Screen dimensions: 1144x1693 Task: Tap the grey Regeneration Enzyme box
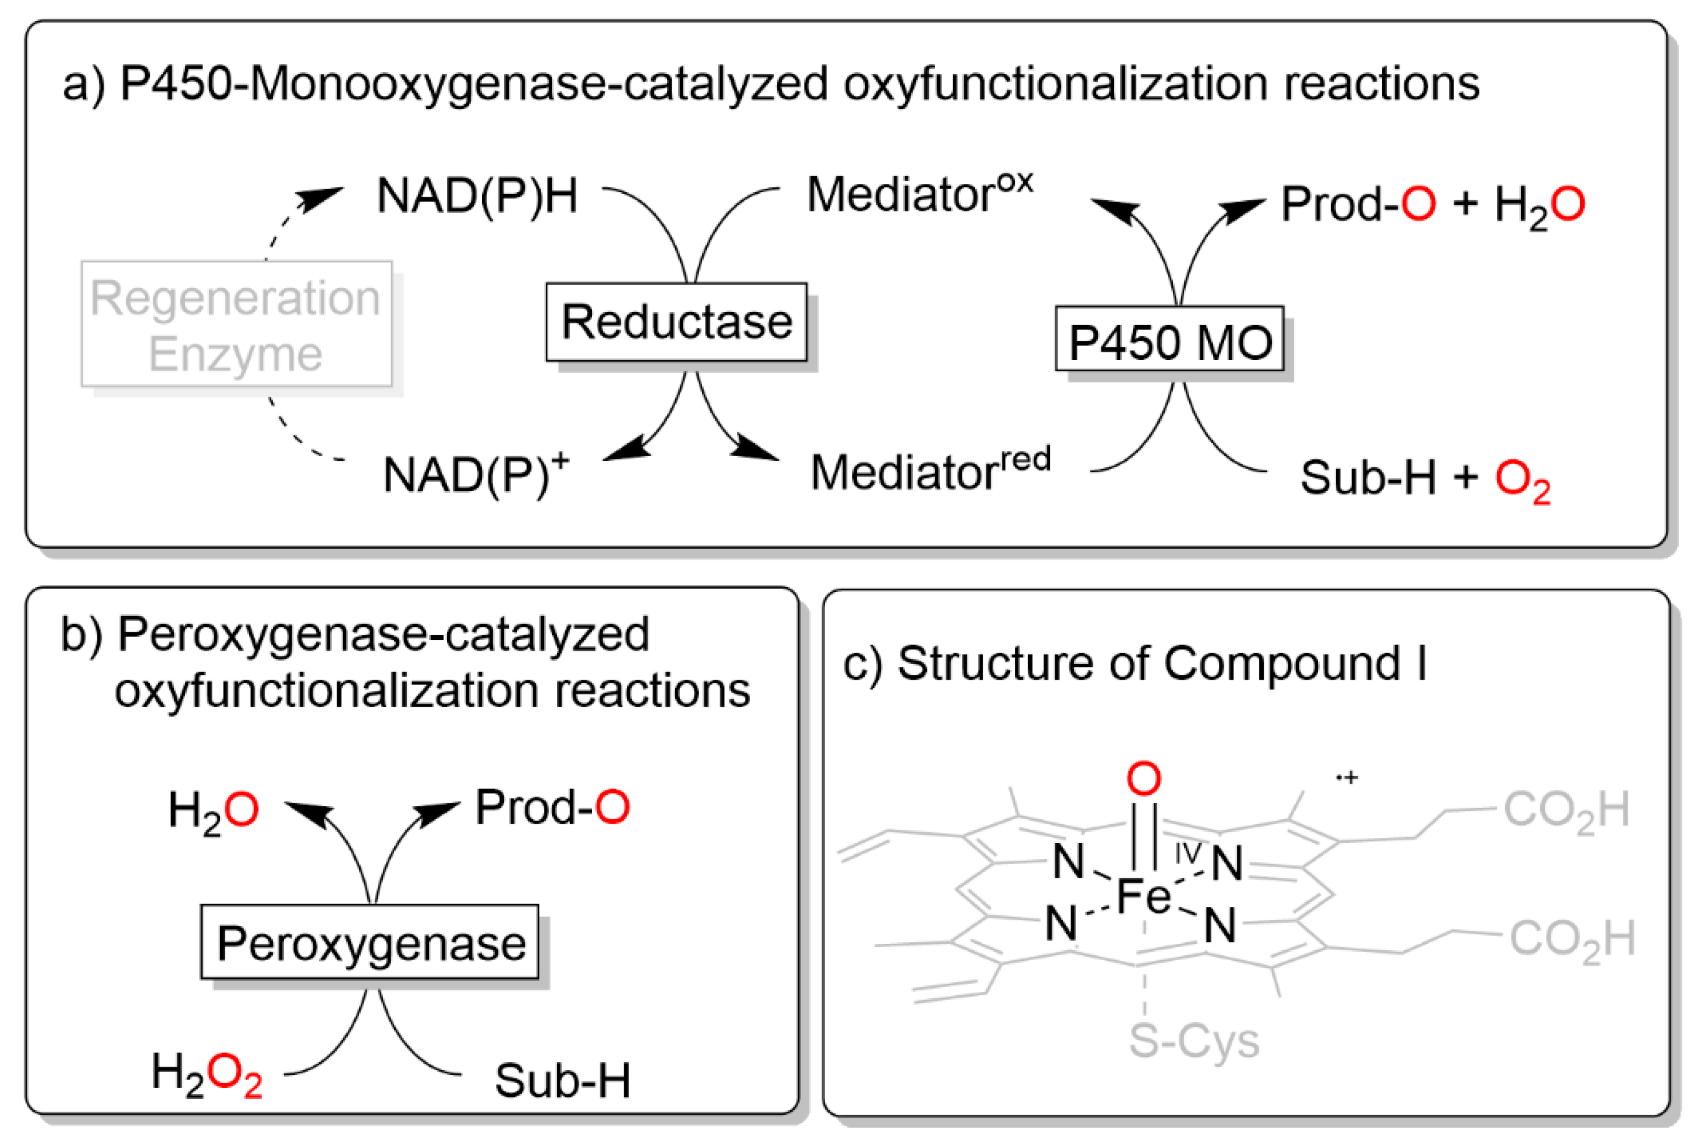pyautogui.click(x=236, y=323)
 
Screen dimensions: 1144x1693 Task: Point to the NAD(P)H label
pyautogui.click(x=477, y=196)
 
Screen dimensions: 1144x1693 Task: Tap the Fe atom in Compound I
pyautogui.click(x=1143, y=896)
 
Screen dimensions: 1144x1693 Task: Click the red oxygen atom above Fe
pyautogui.click(x=1143, y=779)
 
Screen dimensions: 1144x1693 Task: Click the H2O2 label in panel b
pyautogui.click(x=207, y=1074)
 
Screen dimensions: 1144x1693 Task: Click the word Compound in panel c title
pyautogui.click(x=1281, y=663)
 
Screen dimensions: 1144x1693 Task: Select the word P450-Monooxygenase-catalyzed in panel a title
pyautogui.click(x=474, y=84)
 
